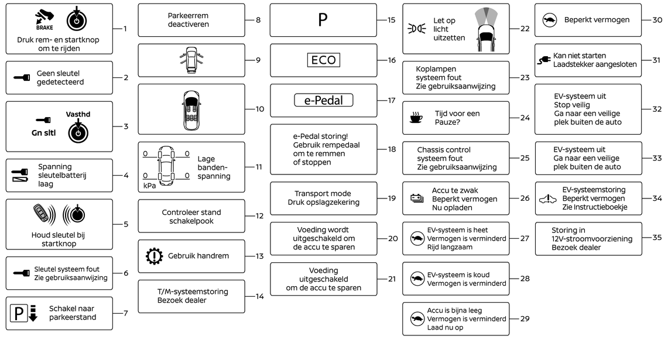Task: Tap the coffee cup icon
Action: pos(416,118)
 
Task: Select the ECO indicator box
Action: pos(323,60)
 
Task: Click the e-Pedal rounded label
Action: pos(323,101)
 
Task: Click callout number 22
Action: pos(525,29)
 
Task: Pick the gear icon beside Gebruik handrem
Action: pos(153,256)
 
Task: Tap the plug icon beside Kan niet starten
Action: pos(543,60)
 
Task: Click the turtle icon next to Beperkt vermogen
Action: pos(549,20)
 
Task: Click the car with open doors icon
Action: pos(191,60)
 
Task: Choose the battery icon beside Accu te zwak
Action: pos(417,198)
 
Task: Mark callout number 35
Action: pos(657,238)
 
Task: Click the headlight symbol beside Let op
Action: pos(416,29)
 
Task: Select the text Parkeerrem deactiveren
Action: pos(188,20)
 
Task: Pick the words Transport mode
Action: pos(323,194)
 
